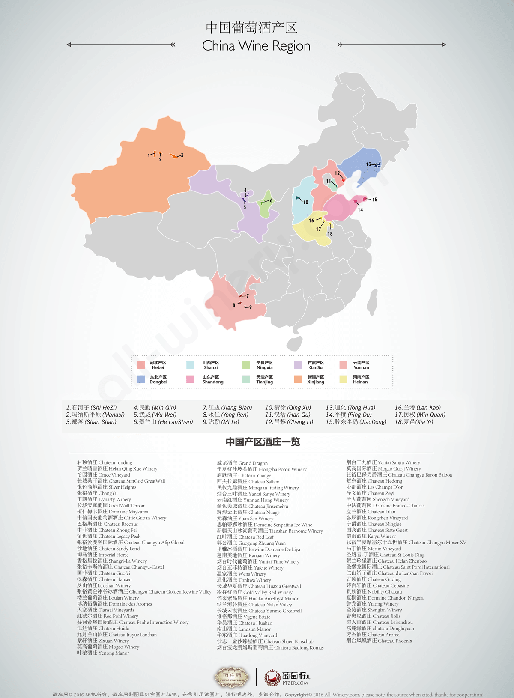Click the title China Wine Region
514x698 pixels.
[x=256, y=46]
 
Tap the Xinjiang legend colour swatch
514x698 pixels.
[x=298, y=379]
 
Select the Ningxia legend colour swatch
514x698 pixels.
[x=246, y=365]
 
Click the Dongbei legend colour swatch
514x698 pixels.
[x=141, y=379]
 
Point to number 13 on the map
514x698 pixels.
[x=368, y=164]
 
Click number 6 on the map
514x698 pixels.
[x=271, y=200]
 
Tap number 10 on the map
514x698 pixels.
[x=305, y=202]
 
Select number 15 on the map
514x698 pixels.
[x=375, y=200]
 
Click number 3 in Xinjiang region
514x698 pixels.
[x=182, y=155]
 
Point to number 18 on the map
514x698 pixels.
[x=330, y=234]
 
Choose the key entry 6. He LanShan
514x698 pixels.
[x=163, y=422]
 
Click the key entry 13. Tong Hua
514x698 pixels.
[x=350, y=408]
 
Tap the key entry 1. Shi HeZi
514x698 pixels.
[x=91, y=408]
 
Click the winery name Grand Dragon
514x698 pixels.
[x=242, y=463]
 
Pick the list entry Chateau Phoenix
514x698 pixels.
[x=379, y=641]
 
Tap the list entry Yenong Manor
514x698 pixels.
[x=103, y=653]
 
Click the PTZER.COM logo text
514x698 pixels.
[x=296, y=683]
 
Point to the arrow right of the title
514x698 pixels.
[x=391, y=45]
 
